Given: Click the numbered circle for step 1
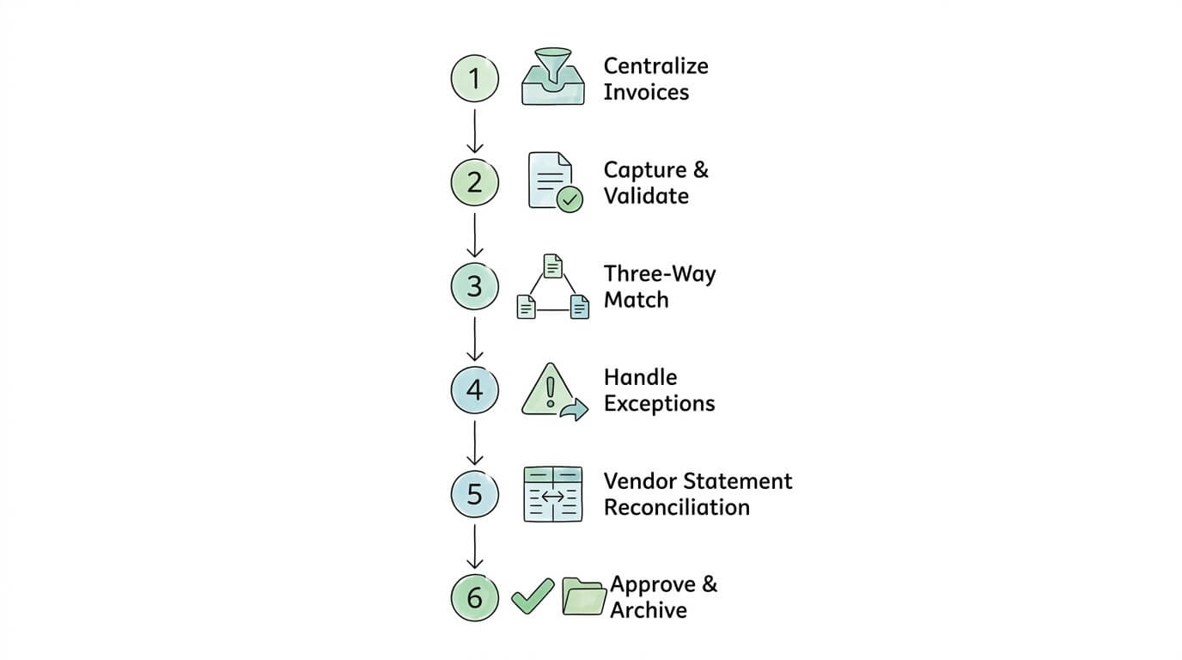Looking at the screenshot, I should [474, 79].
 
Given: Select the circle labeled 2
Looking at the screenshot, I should [474, 182].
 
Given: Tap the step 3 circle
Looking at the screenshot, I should [474, 286].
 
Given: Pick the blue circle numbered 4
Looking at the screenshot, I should [474, 390].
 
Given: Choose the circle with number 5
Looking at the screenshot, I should [474, 494].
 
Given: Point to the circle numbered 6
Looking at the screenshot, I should [474, 597].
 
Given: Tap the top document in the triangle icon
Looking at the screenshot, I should [553, 266].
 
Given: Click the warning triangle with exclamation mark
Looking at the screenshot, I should [550, 391].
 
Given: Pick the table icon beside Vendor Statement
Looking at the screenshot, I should [553, 494].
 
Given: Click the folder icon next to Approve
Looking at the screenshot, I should [584, 596].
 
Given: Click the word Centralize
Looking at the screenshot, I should [655, 66].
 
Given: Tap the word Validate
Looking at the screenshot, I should [645, 196].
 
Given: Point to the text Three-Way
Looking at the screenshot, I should [659, 274].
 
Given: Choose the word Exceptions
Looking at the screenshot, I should [659, 403].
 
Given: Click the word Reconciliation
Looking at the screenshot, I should [676, 507].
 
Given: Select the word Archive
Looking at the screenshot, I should [648, 610].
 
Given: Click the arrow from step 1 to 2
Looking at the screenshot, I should [474, 129].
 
